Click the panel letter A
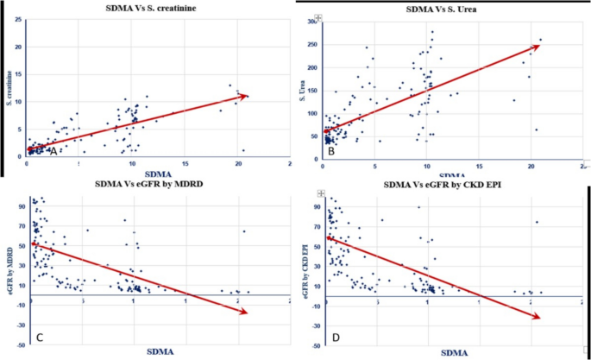point(53,152)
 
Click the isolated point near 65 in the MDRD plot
point(243,231)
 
